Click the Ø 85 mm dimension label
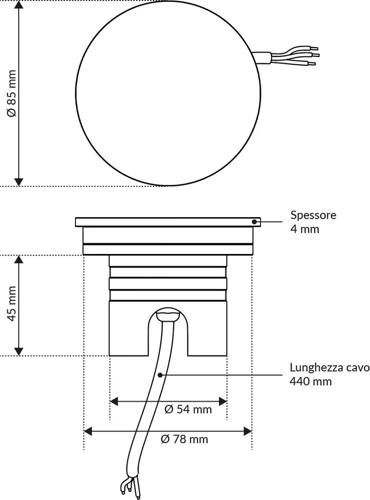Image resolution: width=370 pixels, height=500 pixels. coord(12,93)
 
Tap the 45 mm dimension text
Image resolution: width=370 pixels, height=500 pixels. coord(12,305)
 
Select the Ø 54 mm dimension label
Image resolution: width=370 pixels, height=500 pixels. coord(188,409)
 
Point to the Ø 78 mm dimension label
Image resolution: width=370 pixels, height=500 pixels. coord(184,439)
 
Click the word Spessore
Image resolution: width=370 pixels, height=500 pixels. coord(313,215)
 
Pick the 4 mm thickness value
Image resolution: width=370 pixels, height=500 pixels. coord(305,228)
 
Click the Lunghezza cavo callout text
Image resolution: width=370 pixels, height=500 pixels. coord(329,368)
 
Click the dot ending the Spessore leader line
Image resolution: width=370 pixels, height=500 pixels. coord(255,222)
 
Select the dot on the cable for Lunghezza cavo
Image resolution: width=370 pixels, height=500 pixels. coord(160,375)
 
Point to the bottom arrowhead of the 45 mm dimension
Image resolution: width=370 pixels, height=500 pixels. coord(19,351)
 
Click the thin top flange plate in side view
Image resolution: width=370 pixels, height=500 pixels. coord(168,222)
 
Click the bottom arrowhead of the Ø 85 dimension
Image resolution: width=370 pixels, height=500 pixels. coord(19,182)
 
